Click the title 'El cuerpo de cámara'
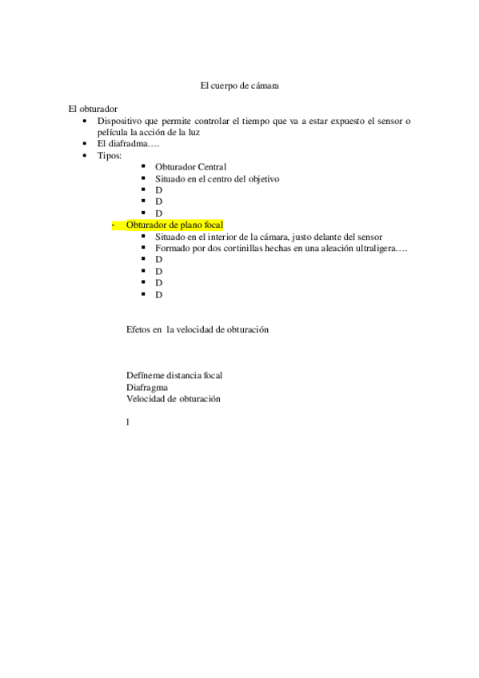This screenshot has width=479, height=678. (x=239, y=84)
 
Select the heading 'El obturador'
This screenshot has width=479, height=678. (x=94, y=108)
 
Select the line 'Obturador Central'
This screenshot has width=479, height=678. (x=190, y=166)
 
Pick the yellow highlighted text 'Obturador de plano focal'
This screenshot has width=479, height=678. (x=174, y=225)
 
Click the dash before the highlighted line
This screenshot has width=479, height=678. (x=113, y=225)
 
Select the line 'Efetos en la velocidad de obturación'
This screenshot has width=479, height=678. (x=197, y=329)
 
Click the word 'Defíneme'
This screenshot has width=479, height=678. (x=145, y=375)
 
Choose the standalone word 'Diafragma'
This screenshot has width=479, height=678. (x=146, y=387)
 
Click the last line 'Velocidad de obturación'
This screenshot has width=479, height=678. (x=173, y=398)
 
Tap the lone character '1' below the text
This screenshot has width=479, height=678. (x=128, y=422)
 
